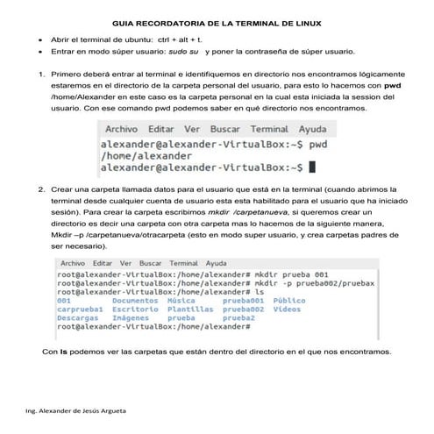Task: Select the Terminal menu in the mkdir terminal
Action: pyautogui.click(x=183, y=262)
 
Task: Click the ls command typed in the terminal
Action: pyautogui.click(x=259, y=291)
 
